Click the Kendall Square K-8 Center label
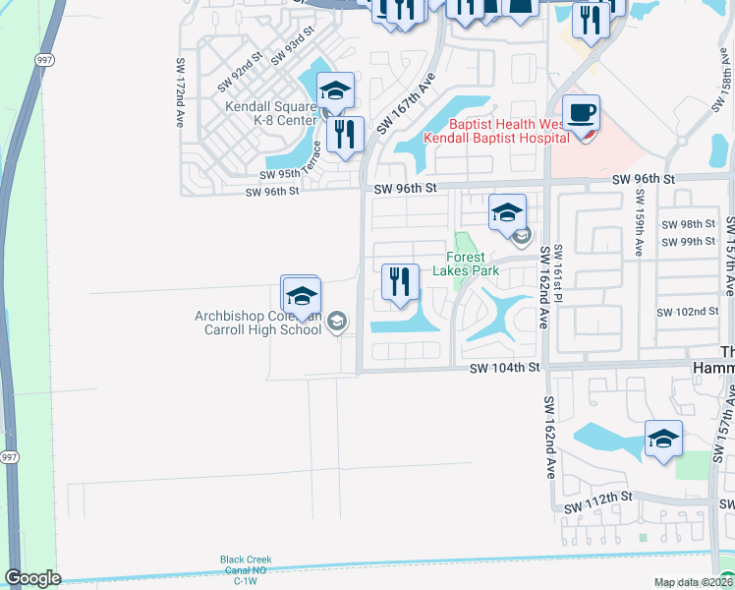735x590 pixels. pos(270,113)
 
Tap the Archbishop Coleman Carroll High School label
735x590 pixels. pos(258,323)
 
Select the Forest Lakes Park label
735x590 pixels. pos(467,264)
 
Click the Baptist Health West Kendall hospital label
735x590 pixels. pos(496,132)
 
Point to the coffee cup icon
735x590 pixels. pos(581,112)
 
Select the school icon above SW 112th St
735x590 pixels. pos(663,438)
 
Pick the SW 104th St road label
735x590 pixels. pos(505,367)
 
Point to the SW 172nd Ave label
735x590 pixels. pos(181,94)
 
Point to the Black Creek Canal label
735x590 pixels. pos(245,565)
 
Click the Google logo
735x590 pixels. pos(32,578)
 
